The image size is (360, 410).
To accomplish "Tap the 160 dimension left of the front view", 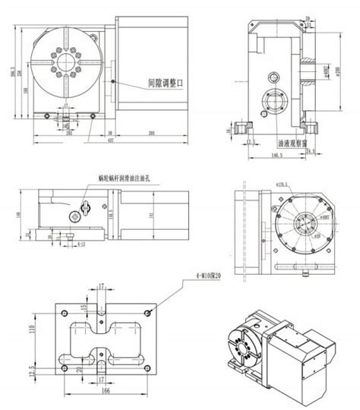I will [x=24, y=91].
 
